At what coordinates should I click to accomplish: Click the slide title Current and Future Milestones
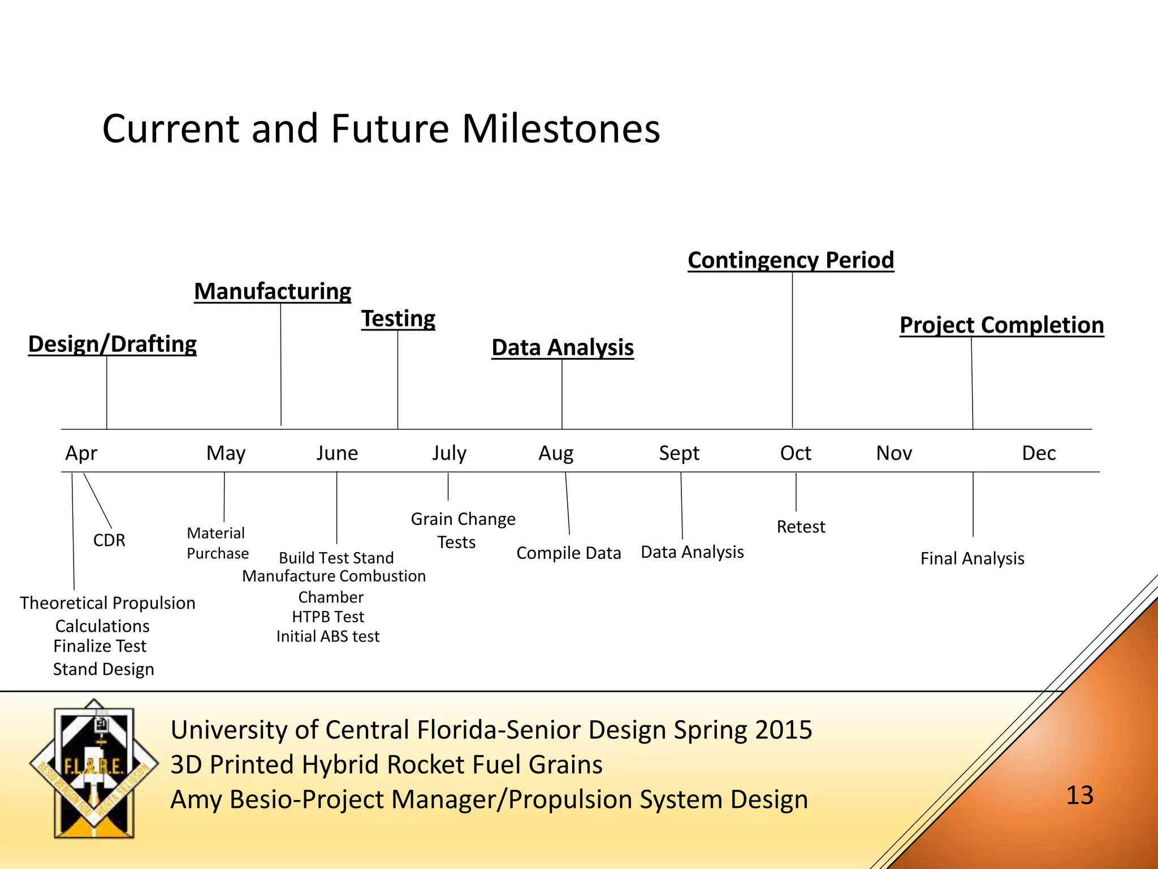click(x=381, y=129)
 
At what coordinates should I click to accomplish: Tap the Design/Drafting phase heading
click(x=113, y=344)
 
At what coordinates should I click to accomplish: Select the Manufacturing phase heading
click(x=273, y=291)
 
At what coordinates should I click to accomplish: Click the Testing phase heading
click(x=398, y=319)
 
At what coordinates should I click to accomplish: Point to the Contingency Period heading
click(x=790, y=260)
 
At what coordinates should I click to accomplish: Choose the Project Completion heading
click(x=1001, y=325)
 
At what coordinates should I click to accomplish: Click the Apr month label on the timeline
click(x=81, y=453)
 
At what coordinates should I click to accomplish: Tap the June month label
click(x=337, y=453)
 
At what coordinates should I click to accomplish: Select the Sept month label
click(x=679, y=453)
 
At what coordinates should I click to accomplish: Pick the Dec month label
click(x=1039, y=453)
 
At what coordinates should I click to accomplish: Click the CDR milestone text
click(x=109, y=540)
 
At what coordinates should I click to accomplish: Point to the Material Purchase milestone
click(x=218, y=543)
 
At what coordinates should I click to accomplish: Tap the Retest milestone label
click(x=801, y=527)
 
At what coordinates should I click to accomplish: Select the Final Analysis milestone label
click(x=972, y=559)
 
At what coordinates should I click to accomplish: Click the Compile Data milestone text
click(x=568, y=553)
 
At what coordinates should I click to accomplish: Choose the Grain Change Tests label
click(x=463, y=530)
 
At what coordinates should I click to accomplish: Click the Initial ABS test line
click(x=328, y=636)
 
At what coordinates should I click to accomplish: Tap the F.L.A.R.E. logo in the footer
click(x=94, y=768)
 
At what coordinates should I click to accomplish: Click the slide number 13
click(x=1079, y=795)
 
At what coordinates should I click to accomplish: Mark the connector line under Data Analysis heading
click(x=562, y=394)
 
